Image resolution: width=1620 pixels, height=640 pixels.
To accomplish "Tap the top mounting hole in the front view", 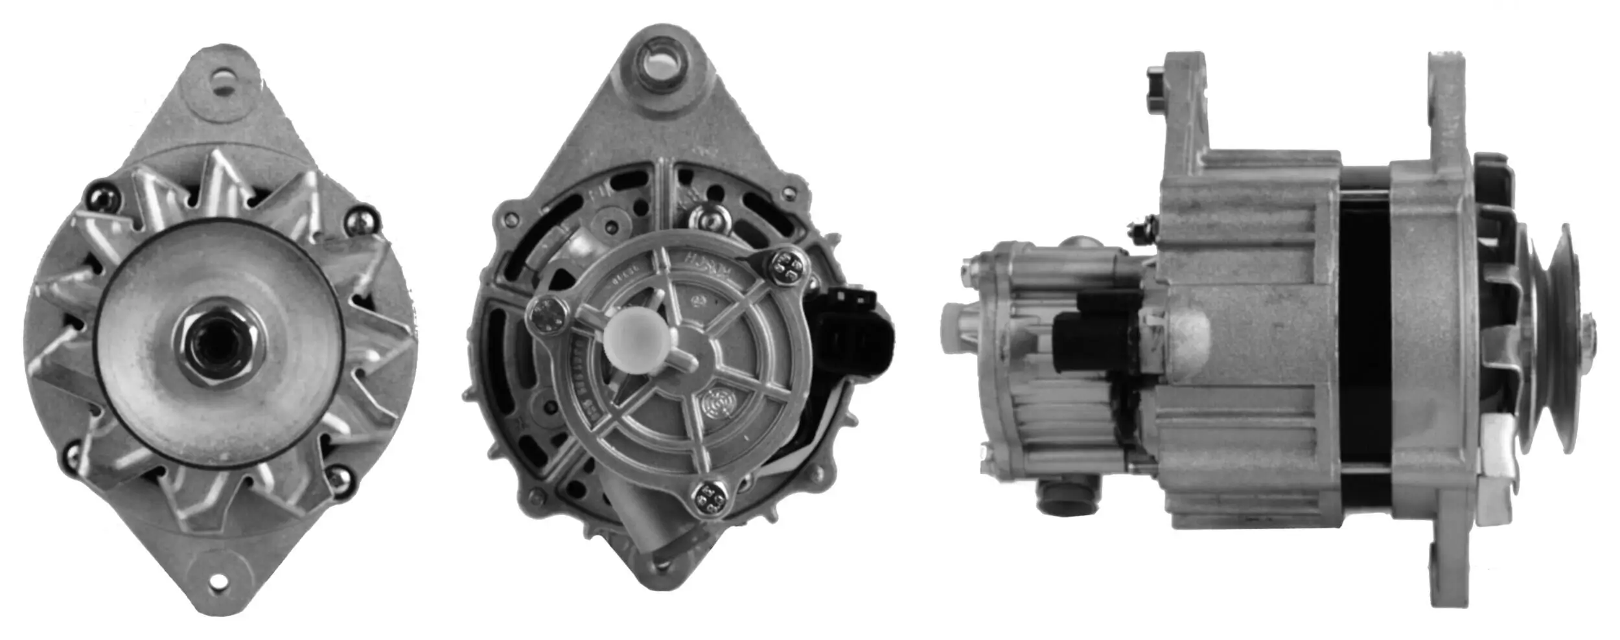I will (x=224, y=82).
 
